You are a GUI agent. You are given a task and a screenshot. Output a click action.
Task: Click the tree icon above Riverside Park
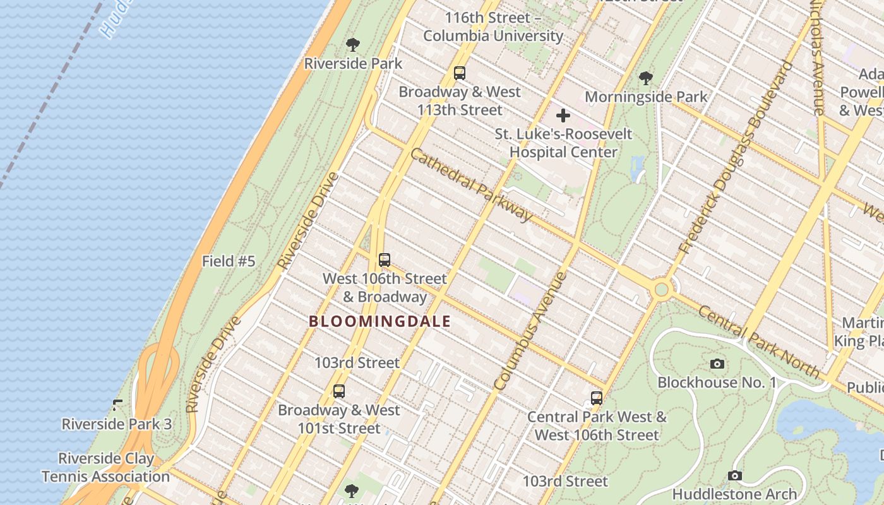[353, 45]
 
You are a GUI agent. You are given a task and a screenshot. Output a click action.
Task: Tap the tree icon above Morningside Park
[645, 78]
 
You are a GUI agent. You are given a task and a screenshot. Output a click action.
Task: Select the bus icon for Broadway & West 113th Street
[460, 73]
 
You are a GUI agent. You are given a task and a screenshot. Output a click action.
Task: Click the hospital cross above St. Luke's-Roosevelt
[563, 116]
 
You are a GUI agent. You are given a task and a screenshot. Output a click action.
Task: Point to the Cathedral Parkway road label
[471, 184]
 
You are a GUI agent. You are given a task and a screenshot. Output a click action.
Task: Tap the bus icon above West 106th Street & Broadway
[384, 259]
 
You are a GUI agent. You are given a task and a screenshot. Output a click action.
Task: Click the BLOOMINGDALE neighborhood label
[379, 321]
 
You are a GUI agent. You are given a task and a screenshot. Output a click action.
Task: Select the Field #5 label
[229, 261]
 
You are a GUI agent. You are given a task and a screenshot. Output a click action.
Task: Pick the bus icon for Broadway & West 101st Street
[339, 391]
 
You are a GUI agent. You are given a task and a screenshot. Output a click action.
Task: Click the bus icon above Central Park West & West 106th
[597, 398]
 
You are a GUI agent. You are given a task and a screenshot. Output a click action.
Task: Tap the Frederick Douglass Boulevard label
[736, 158]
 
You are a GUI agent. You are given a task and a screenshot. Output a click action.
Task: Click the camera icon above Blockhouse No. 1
[717, 364]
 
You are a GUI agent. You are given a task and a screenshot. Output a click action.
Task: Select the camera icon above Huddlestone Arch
[734, 475]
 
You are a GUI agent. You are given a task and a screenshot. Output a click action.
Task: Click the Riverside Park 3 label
[116, 424]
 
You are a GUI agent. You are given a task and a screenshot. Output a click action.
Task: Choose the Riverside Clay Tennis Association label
[105, 467]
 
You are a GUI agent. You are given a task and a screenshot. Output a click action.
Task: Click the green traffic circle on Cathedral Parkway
[661, 290]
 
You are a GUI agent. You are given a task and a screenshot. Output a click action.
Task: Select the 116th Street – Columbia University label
[493, 27]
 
